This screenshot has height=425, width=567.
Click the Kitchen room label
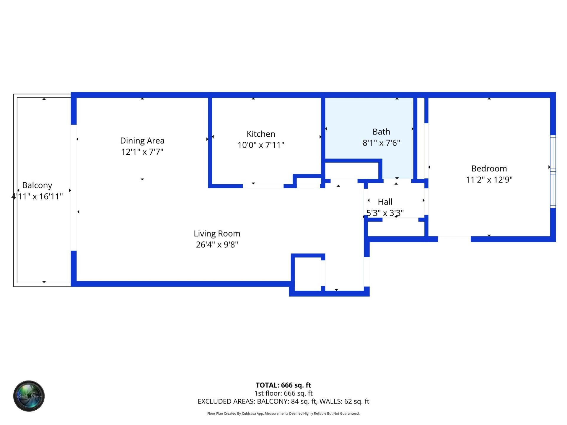tap(261, 134)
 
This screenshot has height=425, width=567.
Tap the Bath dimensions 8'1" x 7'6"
tap(381, 143)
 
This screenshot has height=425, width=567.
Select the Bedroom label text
tap(489, 169)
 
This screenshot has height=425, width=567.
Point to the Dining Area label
tap(142, 140)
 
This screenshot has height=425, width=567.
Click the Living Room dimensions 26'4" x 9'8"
tap(217, 245)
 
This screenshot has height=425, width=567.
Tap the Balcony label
tap(37, 185)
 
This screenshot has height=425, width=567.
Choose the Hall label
tap(385, 202)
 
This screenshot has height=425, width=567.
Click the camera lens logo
tap(29, 396)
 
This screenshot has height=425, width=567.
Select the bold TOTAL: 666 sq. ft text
tap(283, 385)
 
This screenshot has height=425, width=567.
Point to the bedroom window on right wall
tap(553, 171)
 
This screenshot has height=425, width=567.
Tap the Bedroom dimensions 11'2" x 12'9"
tap(489, 180)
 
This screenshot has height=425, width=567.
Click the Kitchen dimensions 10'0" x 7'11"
tap(261, 145)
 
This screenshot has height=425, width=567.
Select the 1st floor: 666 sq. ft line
tap(283, 393)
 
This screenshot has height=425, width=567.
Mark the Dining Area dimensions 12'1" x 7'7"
tap(142, 152)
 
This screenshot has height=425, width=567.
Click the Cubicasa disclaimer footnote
tap(283, 413)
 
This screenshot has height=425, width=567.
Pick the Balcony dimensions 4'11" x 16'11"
tap(37, 197)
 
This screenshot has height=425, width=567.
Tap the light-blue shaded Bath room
tap(369, 118)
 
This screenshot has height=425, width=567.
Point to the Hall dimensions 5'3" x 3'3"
tap(385, 213)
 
